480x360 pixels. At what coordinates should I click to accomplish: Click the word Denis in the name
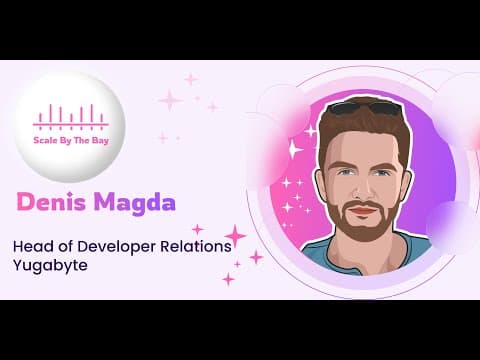click(x=51, y=202)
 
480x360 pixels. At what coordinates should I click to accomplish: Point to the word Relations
click(x=196, y=246)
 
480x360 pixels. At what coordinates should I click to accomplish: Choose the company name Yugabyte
click(x=50, y=266)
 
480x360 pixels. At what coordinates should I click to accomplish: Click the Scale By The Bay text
click(x=71, y=140)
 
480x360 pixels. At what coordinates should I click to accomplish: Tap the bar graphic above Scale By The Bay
click(x=71, y=117)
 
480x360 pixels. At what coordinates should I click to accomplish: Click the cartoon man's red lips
click(x=363, y=211)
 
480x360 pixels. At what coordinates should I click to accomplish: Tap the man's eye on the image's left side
click(x=343, y=173)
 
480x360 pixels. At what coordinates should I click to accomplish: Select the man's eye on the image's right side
click(x=381, y=173)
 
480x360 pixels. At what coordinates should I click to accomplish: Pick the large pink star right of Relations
click(x=235, y=236)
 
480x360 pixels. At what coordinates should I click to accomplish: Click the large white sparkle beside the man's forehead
click(x=293, y=149)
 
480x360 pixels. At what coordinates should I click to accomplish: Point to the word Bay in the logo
click(x=100, y=141)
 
